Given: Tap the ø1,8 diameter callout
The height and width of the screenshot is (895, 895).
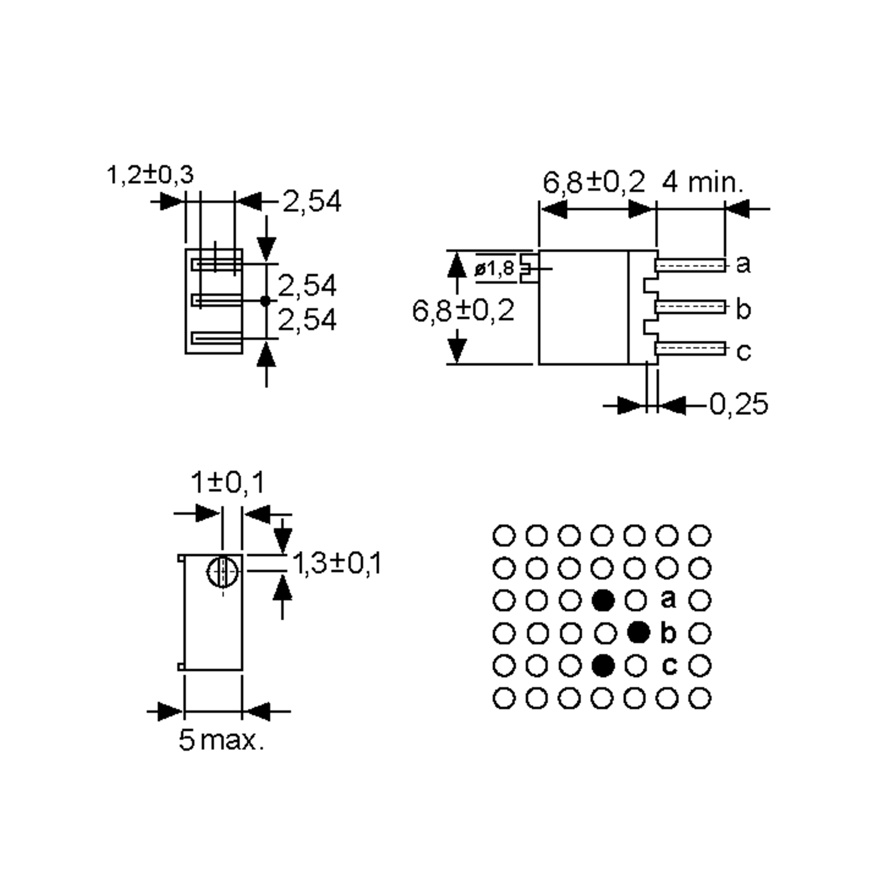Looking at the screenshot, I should [x=494, y=268].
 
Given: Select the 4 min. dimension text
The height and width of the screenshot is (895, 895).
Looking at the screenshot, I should [x=702, y=182].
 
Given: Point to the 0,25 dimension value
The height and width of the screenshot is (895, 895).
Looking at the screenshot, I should [x=738, y=404].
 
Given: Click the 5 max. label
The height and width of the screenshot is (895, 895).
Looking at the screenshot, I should [x=221, y=740].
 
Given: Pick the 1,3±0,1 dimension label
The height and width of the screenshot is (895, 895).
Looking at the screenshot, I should [x=337, y=563].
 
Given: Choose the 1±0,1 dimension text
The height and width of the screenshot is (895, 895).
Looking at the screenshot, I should [x=227, y=482].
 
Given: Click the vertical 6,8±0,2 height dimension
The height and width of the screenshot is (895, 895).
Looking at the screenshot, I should [x=463, y=310].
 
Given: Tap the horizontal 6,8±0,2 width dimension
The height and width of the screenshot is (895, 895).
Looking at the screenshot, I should [x=593, y=182].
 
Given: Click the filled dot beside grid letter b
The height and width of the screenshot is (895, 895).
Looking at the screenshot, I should [x=638, y=632].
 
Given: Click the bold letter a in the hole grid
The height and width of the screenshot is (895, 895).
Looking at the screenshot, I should [x=668, y=599].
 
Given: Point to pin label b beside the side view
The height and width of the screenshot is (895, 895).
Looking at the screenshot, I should [x=743, y=310].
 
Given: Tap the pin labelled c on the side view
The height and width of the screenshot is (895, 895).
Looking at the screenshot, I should [x=690, y=348].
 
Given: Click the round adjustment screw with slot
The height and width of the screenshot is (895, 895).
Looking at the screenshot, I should [x=223, y=572].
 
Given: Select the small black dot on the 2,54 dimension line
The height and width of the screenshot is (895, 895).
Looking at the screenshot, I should [x=266, y=301].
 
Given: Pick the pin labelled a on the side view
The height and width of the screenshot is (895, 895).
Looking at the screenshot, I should [x=690, y=266].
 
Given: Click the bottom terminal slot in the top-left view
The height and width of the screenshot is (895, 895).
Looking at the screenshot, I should [x=217, y=338].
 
